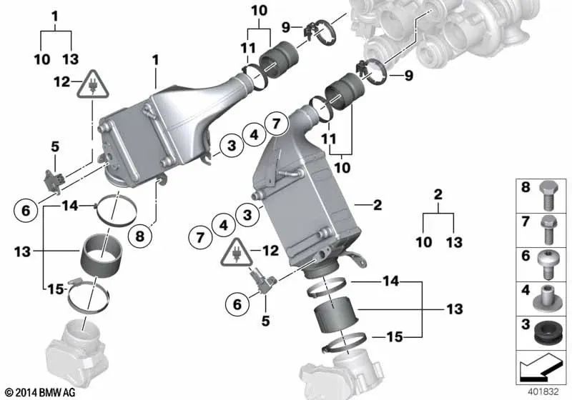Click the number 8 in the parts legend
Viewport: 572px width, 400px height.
(526, 190)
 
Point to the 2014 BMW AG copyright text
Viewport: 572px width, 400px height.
(36, 391)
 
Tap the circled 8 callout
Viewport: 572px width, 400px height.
(139, 234)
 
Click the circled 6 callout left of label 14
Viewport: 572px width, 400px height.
(26, 211)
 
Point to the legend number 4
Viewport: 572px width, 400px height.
(526, 292)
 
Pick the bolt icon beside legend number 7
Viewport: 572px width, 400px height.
(548, 228)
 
